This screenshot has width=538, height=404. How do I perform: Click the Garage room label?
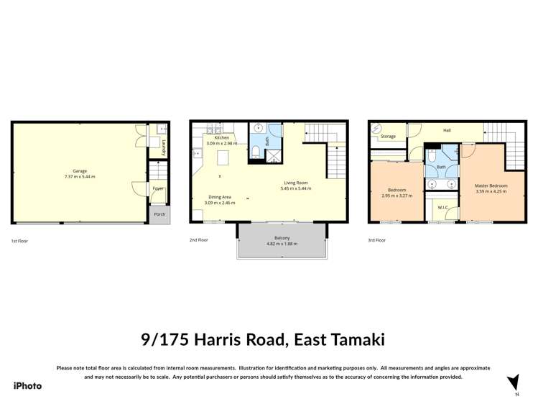click(x=79, y=171)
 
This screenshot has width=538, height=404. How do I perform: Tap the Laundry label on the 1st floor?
click(x=164, y=148)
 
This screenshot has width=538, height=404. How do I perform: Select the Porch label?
click(x=159, y=214)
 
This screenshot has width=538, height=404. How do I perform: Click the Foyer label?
click(x=158, y=188)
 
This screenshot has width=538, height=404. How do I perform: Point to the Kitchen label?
click(x=222, y=137)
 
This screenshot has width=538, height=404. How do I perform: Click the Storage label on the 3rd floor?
click(x=388, y=136)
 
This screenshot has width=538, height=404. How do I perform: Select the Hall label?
click(x=447, y=130)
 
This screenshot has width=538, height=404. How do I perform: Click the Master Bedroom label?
click(x=491, y=185)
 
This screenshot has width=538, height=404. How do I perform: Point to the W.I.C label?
click(x=443, y=208)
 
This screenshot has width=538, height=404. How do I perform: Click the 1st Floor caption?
click(x=20, y=240)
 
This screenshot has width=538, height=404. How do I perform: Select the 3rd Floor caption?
click(x=376, y=240)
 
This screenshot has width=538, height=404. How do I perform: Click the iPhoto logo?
click(x=27, y=386)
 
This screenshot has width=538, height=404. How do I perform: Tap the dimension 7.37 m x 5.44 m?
click(x=79, y=177)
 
